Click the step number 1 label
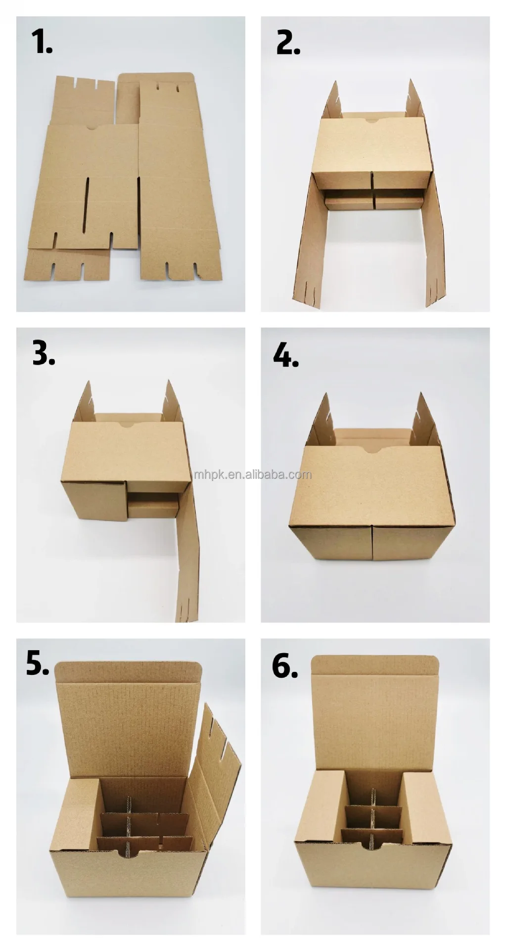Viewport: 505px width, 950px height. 42,42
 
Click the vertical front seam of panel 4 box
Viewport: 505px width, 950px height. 372,542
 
